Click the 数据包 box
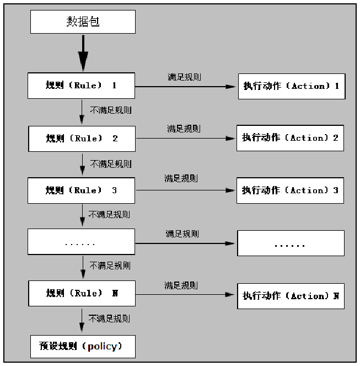[x=83, y=22]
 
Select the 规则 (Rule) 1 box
[x=81, y=86]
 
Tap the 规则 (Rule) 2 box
[x=82, y=139]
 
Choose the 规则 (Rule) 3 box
[x=81, y=190]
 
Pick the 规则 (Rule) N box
[x=81, y=293]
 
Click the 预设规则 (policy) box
[x=83, y=346]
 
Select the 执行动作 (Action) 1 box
[x=291, y=86]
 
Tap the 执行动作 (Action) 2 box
[x=290, y=138]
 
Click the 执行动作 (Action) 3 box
[x=290, y=190]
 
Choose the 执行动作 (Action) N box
[x=291, y=296]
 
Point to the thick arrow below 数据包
[x=83, y=53]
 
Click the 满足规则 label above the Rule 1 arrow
[x=184, y=77]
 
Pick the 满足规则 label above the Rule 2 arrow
[x=184, y=129]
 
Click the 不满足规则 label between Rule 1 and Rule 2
[x=111, y=110]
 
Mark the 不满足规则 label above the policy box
[x=110, y=319]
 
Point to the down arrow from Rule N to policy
[x=82, y=320]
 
